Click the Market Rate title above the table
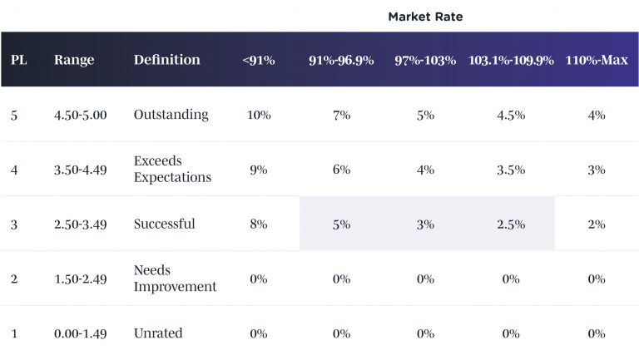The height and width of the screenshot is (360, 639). [x=425, y=17]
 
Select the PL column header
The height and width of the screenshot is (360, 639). [x=19, y=60]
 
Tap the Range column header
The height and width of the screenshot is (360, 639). [x=74, y=60]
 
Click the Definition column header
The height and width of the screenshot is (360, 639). [x=166, y=60]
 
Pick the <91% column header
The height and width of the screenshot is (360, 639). [x=259, y=61]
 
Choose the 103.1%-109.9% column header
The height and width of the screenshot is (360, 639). [x=511, y=61]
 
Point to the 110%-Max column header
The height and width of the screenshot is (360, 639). [x=596, y=61]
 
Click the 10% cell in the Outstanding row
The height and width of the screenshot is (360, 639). [x=259, y=115]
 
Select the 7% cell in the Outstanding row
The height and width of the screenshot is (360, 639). [x=341, y=115]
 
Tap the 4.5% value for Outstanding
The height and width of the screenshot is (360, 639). [x=511, y=115]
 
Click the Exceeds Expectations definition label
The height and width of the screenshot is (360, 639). [x=172, y=169]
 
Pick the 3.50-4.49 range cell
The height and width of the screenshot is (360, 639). [x=80, y=170]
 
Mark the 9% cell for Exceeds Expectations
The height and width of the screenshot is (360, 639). [x=259, y=170]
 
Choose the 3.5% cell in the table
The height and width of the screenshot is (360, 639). [x=511, y=170]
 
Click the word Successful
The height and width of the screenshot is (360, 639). [x=164, y=224]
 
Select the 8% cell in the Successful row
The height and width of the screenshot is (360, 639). [x=259, y=224]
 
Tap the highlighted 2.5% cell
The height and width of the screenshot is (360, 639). [x=511, y=224]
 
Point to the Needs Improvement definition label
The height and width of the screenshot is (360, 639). [x=175, y=279]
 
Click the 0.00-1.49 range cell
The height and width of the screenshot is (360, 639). [x=80, y=333]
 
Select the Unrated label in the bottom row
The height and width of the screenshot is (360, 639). [x=158, y=333]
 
